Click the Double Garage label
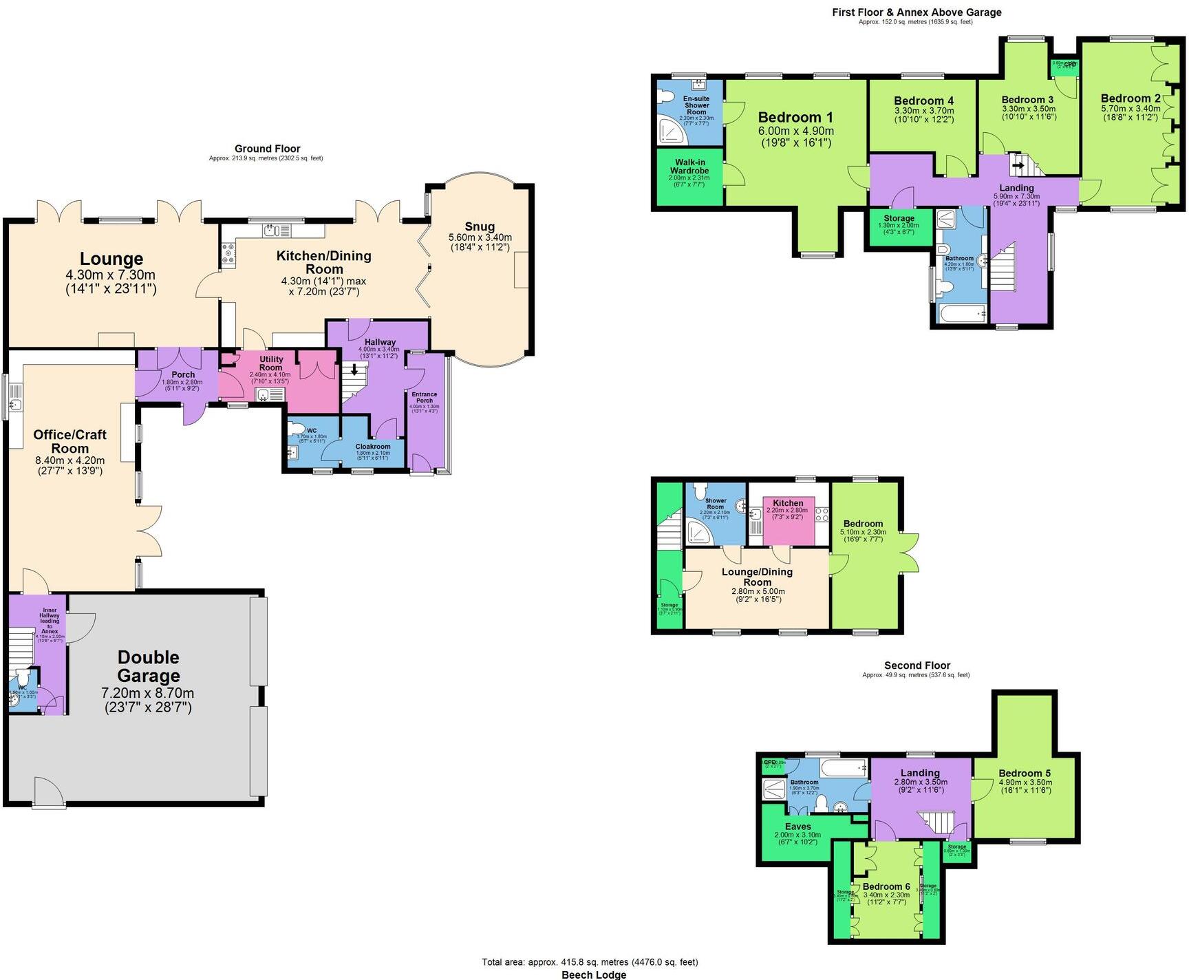pos(148,666)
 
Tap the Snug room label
pos(480,227)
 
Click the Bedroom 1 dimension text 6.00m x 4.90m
pos(796,131)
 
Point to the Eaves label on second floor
pos(797,827)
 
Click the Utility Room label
pos(271,363)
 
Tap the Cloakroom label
pos(373,447)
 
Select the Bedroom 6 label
pos(886,886)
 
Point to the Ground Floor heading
pos(267,149)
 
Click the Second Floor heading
pos(917,665)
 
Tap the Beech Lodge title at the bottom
pos(594,974)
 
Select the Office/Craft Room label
pos(70,441)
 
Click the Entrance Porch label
pos(425,397)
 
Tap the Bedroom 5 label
pos(1025,773)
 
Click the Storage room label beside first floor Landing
pos(899,218)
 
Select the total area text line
pos(590,962)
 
